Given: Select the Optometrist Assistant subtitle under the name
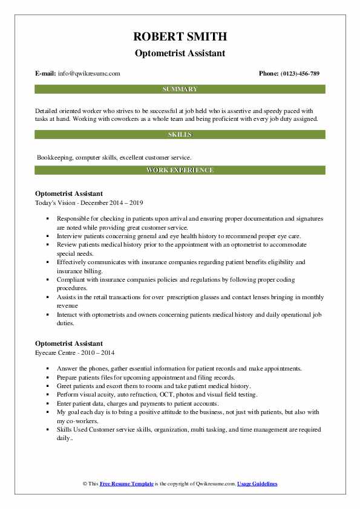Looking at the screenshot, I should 180,53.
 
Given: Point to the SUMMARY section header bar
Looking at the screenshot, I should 180,89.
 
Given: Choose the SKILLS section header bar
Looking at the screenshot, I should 180,134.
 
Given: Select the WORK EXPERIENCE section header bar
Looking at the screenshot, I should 180,170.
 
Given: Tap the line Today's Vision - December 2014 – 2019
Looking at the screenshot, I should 90,202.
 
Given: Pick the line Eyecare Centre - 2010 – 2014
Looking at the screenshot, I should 75,352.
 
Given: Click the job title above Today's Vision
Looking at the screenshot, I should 73,193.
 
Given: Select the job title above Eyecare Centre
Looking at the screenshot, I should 73,344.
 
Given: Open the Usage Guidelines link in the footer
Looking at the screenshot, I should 257,484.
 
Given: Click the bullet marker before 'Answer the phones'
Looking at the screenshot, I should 47,369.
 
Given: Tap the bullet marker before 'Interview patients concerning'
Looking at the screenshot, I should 47,236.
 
